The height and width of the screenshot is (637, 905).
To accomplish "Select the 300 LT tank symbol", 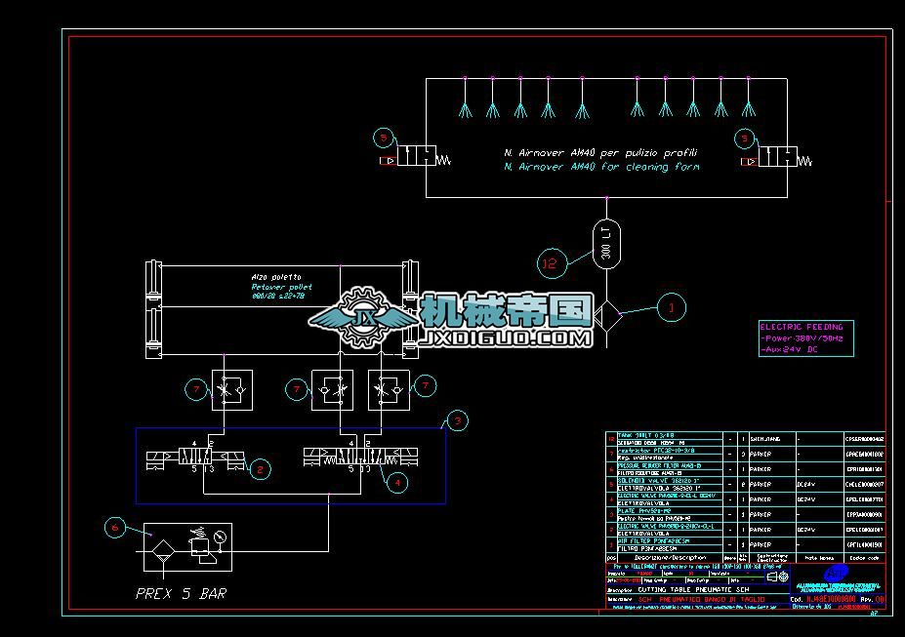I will click(x=605, y=243).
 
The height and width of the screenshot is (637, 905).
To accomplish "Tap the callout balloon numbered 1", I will click(x=671, y=308).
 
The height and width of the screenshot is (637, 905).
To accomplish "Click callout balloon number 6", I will click(x=115, y=528).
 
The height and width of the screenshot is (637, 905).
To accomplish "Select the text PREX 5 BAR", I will click(x=181, y=593).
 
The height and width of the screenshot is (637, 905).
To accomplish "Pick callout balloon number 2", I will click(x=259, y=469).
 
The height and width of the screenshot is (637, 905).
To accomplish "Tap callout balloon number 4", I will click(x=395, y=480).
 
